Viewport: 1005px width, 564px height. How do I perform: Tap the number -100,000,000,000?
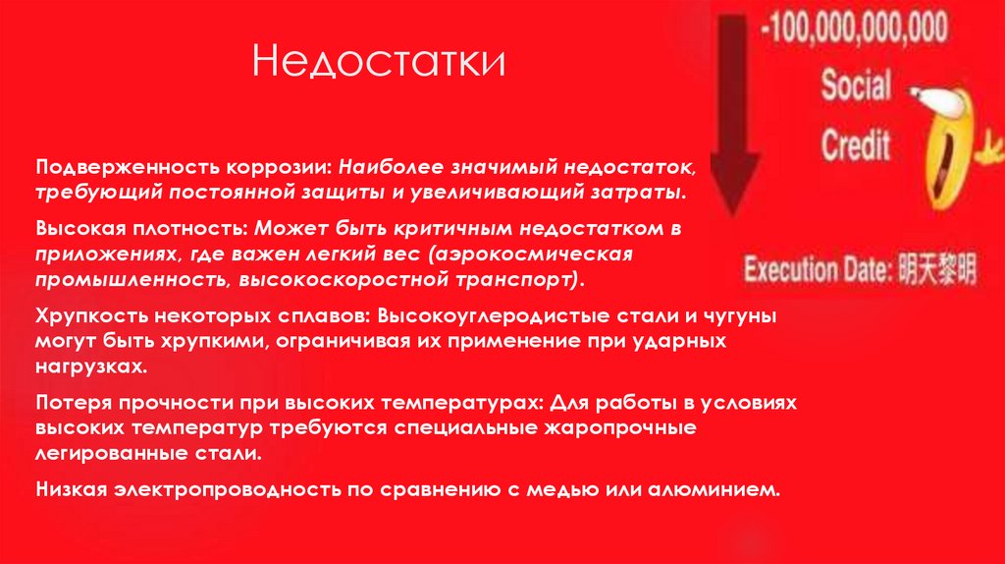pyautogui.click(x=854, y=27)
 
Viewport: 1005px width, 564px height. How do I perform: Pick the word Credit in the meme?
pyautogui.click(x=855, y=144)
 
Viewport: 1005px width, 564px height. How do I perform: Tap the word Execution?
pyautogui.click(x=786, y=269)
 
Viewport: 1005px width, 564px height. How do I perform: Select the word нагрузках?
pyautogui.click(x=91, y=365)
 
